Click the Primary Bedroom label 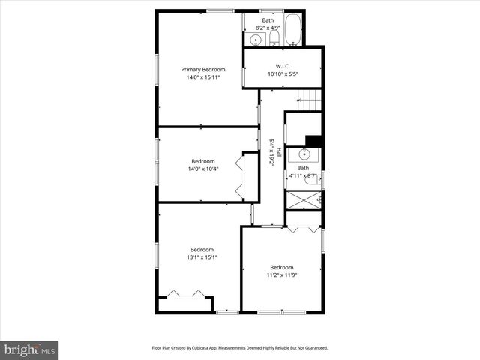202,69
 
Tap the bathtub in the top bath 292,31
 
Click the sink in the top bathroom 255,39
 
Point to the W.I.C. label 283,66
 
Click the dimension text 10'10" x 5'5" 283,73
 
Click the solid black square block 314,140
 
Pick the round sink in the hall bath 304,154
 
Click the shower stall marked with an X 304,199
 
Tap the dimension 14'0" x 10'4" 202,169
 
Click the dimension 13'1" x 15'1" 202,257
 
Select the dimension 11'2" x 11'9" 282,274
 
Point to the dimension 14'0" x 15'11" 202,76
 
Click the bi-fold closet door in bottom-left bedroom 186,294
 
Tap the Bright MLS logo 30,349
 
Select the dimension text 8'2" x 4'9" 268,28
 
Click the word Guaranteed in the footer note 314,348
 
